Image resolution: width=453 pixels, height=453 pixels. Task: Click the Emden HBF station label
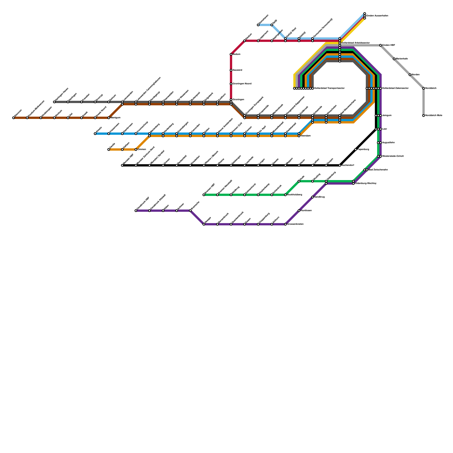coord(388,45)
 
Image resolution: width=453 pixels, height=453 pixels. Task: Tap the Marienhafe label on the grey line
coord(402,59)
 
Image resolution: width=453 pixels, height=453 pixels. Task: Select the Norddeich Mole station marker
coord(424,116)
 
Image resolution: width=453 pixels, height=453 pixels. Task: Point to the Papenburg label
coord(363,149)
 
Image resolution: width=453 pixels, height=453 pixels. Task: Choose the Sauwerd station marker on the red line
coord(231,70)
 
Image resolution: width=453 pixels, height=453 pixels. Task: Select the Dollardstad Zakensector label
coord(395,88)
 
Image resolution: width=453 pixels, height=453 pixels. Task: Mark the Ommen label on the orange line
coord(142,149)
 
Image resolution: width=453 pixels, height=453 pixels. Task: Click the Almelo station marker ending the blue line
coord(95,134)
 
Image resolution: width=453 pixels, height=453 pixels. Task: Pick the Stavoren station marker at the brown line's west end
coord(14,118)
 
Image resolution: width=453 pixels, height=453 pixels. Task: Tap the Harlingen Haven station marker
coord(54,102)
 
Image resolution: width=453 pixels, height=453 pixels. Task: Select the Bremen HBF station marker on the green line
coord(204,195)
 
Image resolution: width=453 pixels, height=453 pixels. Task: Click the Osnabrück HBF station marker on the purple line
coord(136,211)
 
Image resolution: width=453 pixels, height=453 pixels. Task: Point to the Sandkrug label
coord(320,197)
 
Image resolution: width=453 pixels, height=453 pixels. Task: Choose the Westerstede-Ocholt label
coord(393,156)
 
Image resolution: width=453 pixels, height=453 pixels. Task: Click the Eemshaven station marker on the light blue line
coord(258,25)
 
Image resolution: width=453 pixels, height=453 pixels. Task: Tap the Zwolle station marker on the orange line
coord(109,149)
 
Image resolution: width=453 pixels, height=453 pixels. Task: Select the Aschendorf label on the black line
coord(348,165)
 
